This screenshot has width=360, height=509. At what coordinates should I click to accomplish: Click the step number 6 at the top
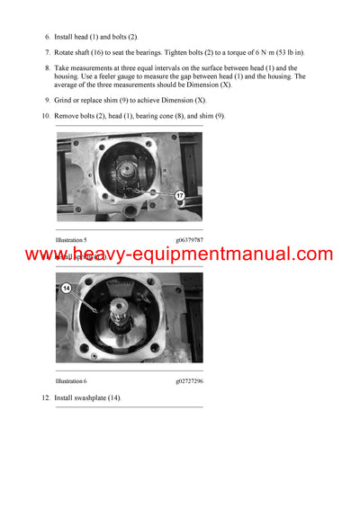tap(47, 37)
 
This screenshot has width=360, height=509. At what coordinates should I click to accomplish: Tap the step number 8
tap(47, 67)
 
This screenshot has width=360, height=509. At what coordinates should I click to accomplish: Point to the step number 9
tap(47, 100)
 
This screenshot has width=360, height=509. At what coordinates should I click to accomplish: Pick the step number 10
tap(45, 116)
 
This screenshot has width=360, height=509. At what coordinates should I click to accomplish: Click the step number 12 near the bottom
tap(45, 397)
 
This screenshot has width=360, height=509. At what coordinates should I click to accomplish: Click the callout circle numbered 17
tap(179, 195)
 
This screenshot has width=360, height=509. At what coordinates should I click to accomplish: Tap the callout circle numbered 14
tap(66, 289)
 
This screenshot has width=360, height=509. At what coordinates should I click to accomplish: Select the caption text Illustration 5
tap(71, 240)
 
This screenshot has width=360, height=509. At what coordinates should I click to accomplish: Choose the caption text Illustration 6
tap(71, 381)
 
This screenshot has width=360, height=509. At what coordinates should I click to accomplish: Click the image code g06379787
tap(189, 240)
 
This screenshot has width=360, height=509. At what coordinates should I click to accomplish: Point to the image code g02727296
tap(189, 381)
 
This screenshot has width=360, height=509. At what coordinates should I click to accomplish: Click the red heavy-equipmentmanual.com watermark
tap(179, 254)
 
